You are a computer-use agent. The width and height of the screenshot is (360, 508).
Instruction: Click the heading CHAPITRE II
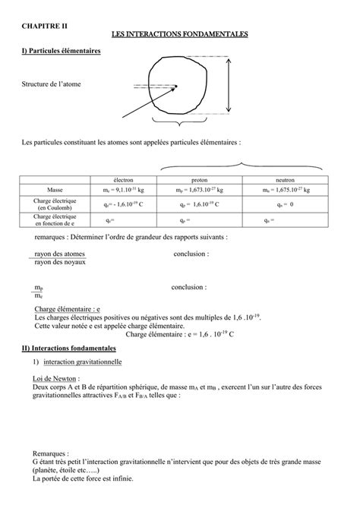(45, 25)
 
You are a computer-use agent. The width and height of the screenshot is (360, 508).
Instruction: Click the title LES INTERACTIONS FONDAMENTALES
(179, 35)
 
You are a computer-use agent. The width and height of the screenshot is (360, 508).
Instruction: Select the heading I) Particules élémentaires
(62, 51)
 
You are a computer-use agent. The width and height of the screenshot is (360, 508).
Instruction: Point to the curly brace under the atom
(178, 121)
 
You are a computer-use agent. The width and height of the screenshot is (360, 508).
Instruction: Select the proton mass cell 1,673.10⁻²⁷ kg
(201, 191)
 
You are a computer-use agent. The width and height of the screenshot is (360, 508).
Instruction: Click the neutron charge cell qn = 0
(279, 204)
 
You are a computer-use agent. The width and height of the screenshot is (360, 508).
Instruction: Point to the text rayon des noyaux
(60, 262)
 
